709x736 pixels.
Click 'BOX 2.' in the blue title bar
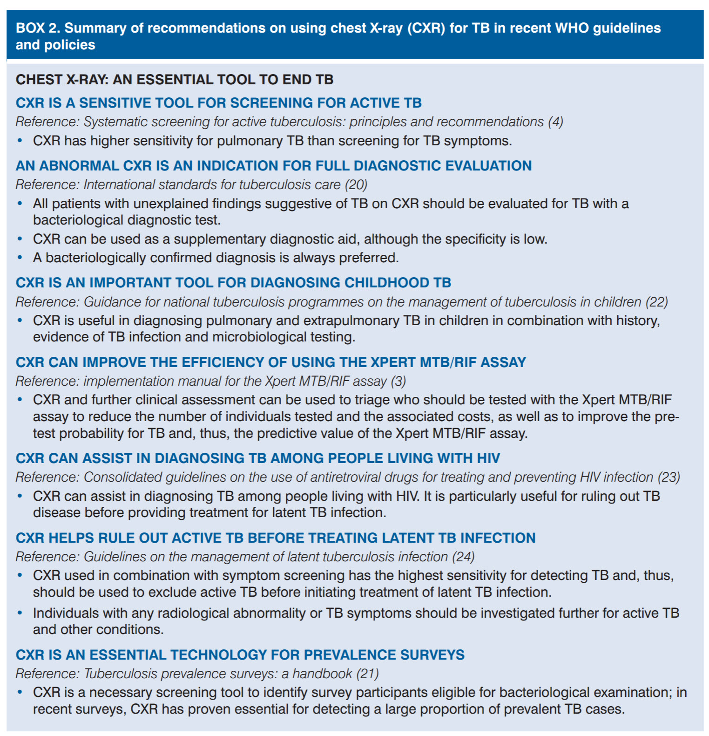(x=38, y=28)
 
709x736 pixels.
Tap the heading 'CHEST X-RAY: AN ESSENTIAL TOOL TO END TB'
(x=175, y=80)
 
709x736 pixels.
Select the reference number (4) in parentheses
(x=555, y=122)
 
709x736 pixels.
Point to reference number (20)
(x=356, y=184)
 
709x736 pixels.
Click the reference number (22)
(x=656, y=302)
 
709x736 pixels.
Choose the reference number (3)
(x=398, y=381)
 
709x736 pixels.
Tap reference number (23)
(x=668, y=477)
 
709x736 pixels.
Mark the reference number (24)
(x=463, y=557)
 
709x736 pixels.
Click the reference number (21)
(x=367, y=674)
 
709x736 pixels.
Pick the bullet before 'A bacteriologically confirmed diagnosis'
(x=20, y=258)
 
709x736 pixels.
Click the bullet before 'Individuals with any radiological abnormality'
(x=20, y=613)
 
